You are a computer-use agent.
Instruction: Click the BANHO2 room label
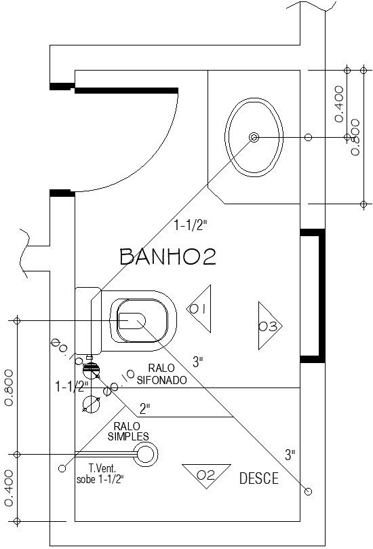167,257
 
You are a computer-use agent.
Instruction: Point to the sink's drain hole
254,137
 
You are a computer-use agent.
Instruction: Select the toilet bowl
144,320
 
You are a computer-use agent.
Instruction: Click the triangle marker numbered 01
199,309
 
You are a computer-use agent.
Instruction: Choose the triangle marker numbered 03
269,326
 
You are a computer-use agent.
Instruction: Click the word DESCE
258,479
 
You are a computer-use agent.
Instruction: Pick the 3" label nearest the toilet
197,362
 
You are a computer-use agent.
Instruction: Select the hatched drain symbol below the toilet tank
92,371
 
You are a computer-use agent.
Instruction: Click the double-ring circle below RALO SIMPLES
146,453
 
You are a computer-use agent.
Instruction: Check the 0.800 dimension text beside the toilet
9,387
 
